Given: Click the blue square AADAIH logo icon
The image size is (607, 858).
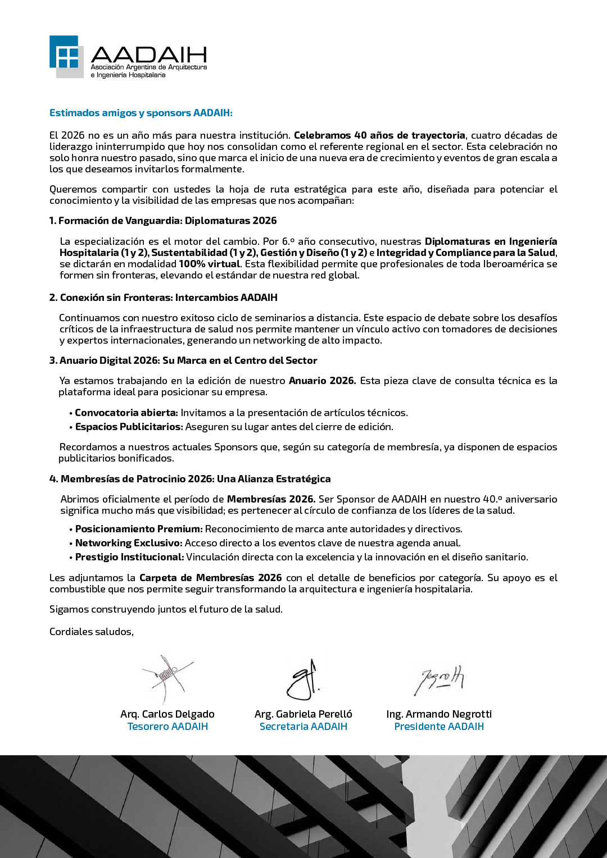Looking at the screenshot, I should (66, 56).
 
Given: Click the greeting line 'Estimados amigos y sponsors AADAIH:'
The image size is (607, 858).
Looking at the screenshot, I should (141, 113).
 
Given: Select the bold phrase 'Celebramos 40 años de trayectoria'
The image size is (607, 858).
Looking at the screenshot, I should (379, 135).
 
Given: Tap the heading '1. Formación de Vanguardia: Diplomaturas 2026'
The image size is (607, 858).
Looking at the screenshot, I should (163, 221).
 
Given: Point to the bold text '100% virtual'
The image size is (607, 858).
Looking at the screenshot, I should (209, 264).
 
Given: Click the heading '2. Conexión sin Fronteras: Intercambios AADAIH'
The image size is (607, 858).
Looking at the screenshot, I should (164, 298).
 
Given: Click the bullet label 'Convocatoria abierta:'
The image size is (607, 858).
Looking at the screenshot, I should (126, 413).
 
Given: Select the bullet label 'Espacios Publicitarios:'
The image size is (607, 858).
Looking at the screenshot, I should (129, 427).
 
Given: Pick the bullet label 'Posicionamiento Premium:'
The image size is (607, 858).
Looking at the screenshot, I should (139, 529).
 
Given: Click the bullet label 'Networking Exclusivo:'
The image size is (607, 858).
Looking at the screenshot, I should (129, 543).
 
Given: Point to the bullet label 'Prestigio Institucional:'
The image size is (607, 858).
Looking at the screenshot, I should (130, 557).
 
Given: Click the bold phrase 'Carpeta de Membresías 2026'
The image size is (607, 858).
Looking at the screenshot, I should (211, 578).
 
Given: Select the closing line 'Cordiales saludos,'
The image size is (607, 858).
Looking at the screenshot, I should (92, 632).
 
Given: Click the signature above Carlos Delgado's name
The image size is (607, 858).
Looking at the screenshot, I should (167, 678).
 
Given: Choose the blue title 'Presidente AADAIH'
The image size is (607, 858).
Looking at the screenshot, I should (439, 727).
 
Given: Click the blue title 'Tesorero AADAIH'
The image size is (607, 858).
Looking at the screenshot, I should (167, 727).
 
